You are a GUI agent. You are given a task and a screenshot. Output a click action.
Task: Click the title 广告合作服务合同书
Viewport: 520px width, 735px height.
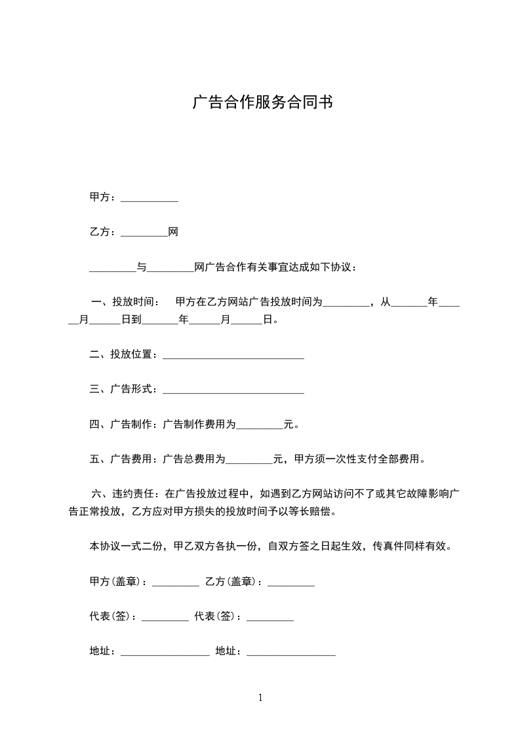pyautogui.click(x=262, y=104)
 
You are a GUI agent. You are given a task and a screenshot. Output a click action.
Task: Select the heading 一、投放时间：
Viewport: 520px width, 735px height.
pyautogui.click(x=125, y=302)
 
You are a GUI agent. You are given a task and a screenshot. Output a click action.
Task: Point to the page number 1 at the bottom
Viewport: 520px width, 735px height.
pyautogui.click(x=260, y=698)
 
